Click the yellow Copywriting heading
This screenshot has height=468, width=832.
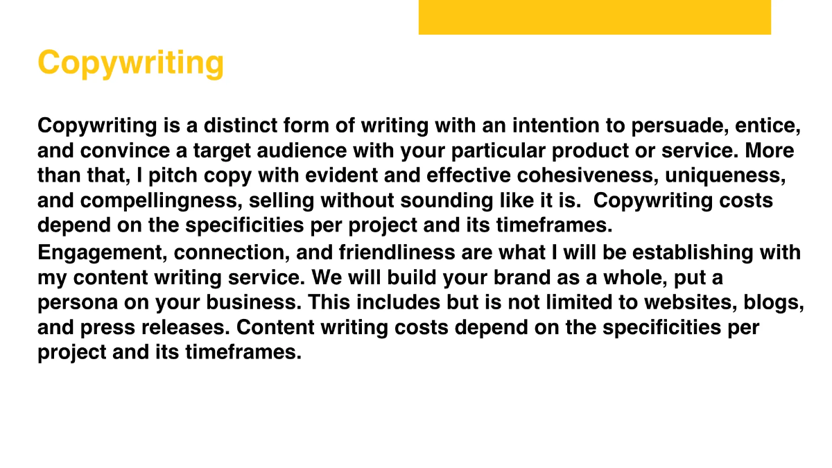[x=130, y=63]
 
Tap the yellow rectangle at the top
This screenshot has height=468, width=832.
[x=594, y=17]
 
